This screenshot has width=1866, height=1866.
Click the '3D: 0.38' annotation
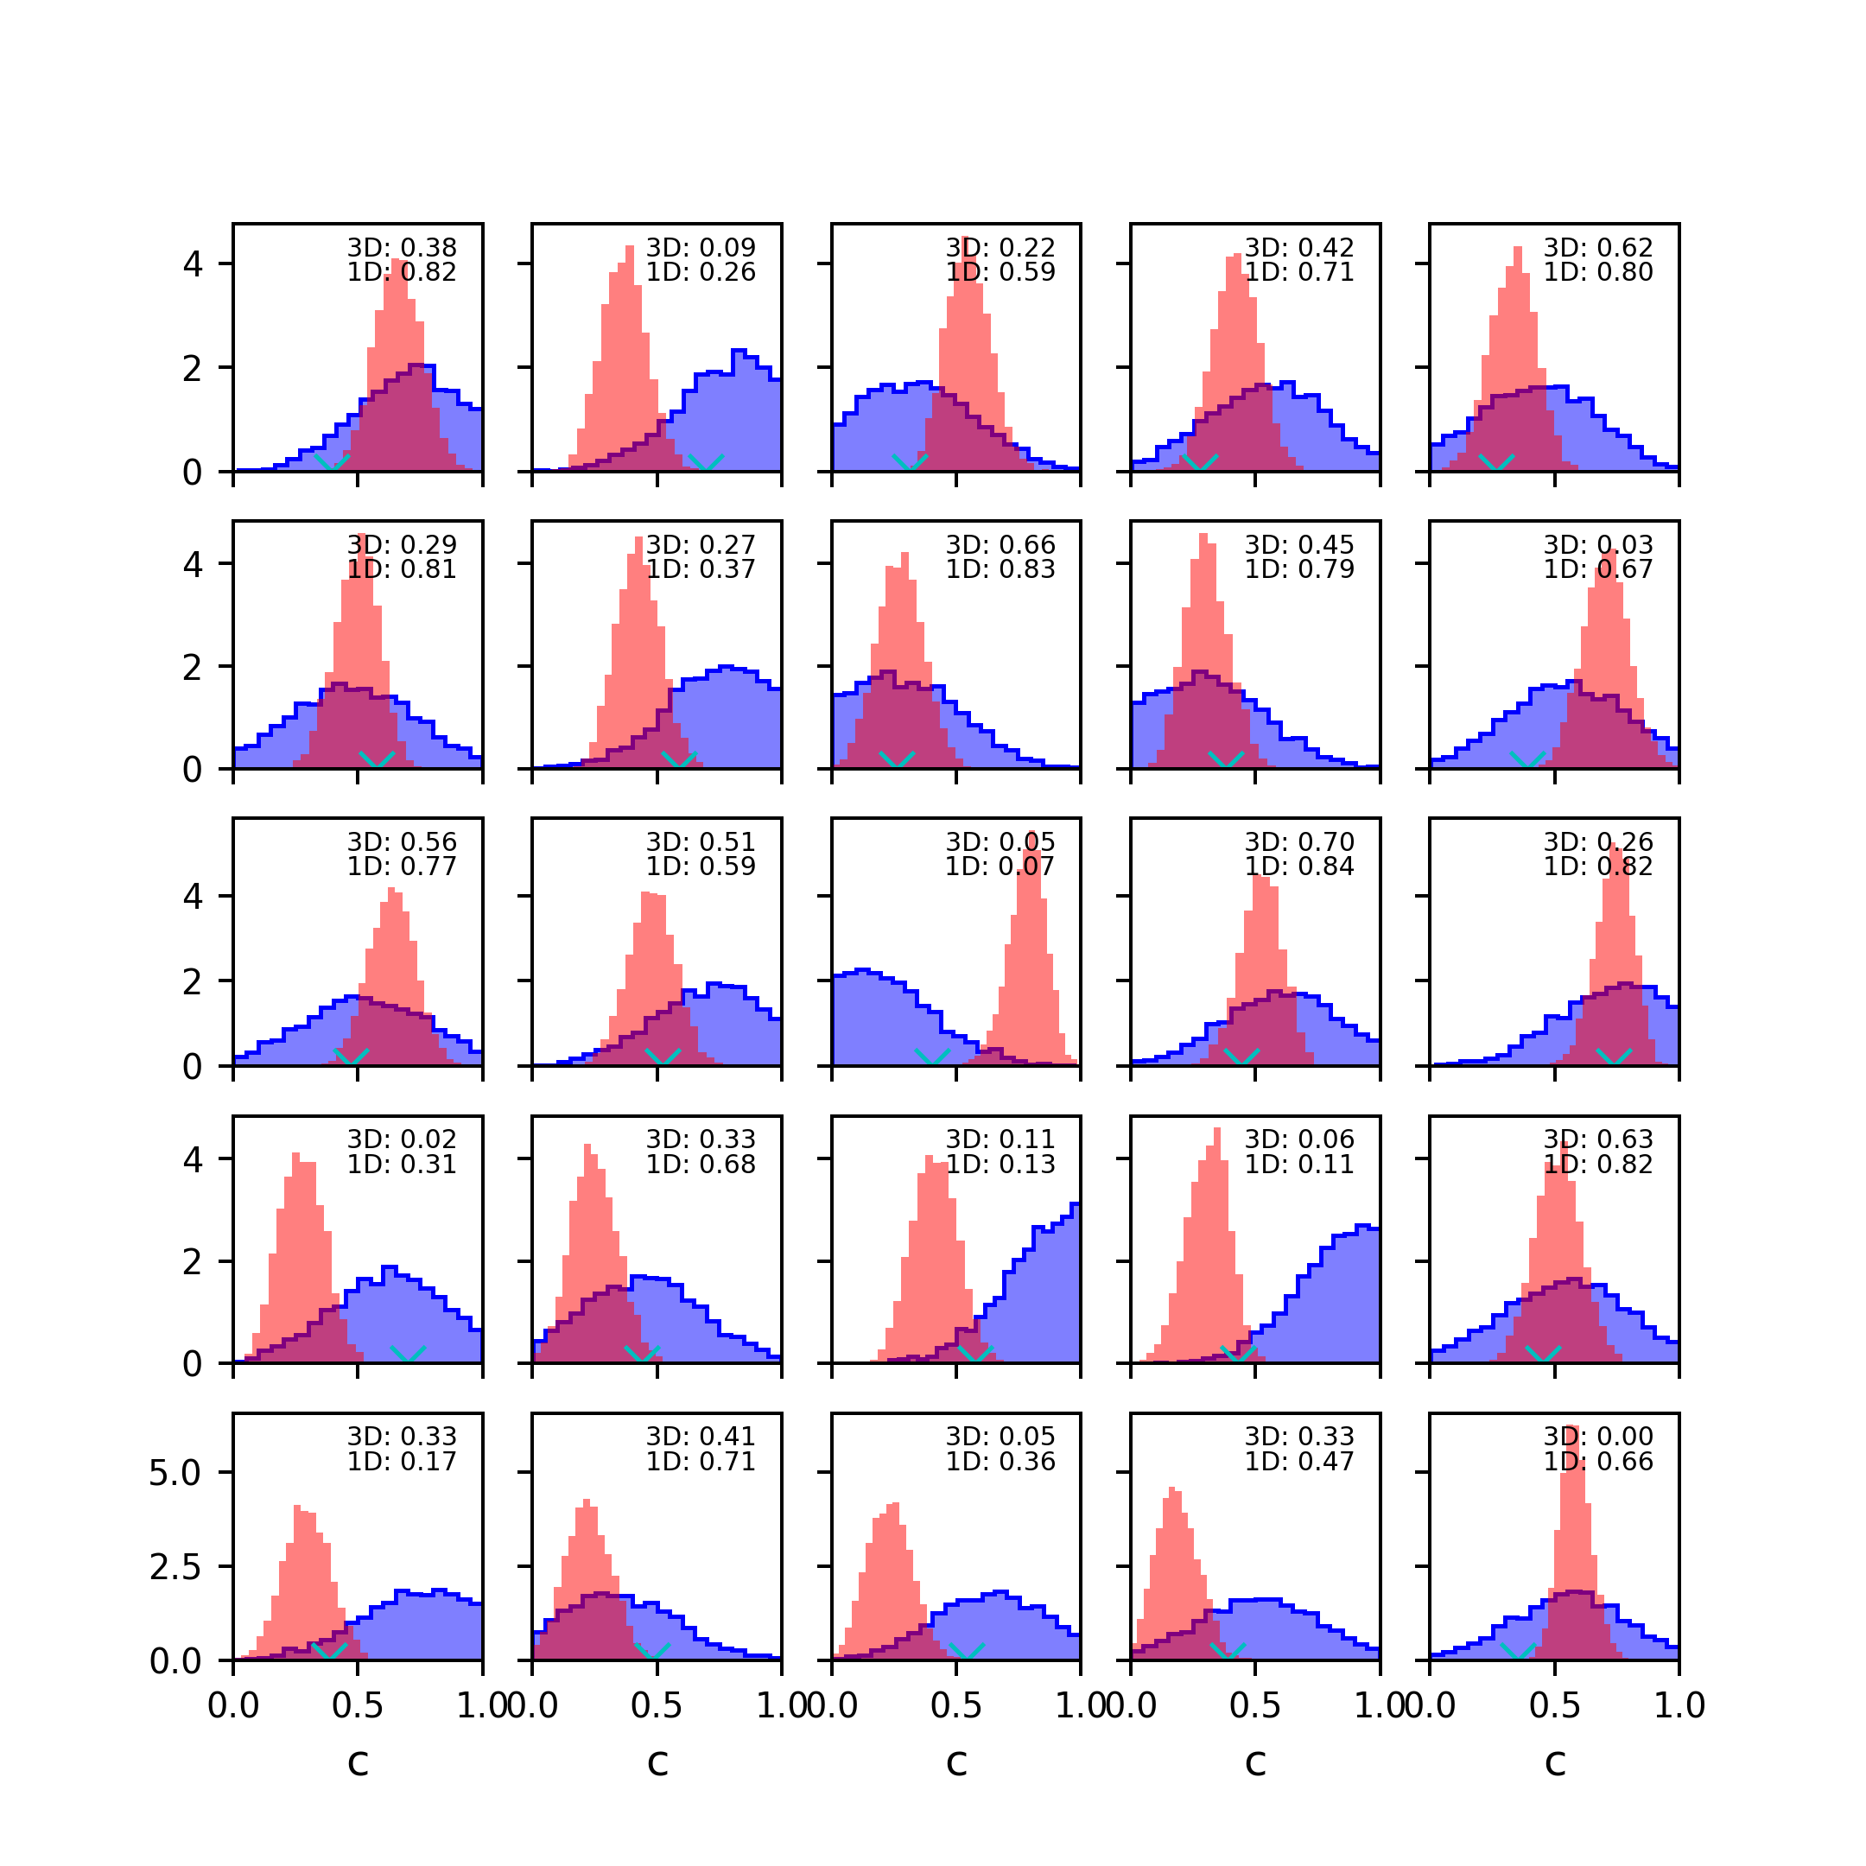coord(402,248)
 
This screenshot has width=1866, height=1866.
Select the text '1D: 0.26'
coord(701,272)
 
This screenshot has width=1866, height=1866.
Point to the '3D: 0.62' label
coord(1597,248)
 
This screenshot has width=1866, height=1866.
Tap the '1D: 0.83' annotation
coord(1000,570)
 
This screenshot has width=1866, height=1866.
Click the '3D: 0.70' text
coord(1299,842)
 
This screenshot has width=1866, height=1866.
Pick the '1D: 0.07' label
coord(1000,866)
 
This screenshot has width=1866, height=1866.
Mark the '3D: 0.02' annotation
coord(402,1139)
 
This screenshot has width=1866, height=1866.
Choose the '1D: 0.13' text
coord(1000,1164)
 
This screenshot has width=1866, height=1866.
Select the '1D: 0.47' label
coord(1299,1462)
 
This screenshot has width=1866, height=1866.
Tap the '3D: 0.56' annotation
coord(402,842)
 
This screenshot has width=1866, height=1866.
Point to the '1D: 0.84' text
coord(1299,866)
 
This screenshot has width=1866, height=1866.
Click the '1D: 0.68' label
coord(701,1164)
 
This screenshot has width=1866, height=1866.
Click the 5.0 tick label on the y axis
coord(175,1473)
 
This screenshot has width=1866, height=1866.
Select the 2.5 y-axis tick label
coord(175,1566)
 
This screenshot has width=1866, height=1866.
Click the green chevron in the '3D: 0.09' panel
coord(706,463)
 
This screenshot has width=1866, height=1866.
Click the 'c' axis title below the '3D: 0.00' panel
coord(1554,1762)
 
